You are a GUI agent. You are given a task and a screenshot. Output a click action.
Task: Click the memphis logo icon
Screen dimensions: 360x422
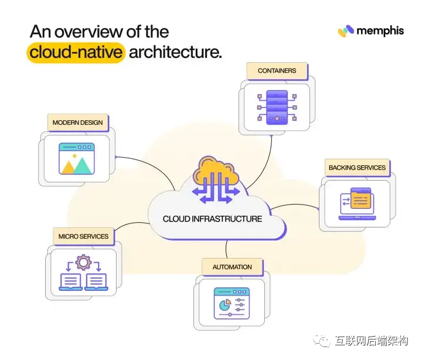[x=346, y=30]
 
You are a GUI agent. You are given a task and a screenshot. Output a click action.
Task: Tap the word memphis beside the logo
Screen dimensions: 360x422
[x=380, y=30]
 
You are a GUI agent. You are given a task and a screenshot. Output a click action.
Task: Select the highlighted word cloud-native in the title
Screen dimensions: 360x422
[x=76, y=52]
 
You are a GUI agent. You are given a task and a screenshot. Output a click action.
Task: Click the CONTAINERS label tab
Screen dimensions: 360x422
[x=277, y=71]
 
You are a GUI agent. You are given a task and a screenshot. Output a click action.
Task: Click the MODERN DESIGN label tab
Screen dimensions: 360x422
[x=77, y=123]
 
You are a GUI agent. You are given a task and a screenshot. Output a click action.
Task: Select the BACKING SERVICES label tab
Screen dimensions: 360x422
[x=357, y=168]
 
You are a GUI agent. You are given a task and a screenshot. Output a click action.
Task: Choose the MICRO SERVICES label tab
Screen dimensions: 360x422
[x=83, y=236]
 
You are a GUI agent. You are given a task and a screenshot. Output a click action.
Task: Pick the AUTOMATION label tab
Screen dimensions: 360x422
[x=232, y=267]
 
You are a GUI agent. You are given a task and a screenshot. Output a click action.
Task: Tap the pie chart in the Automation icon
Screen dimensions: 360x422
[x=223, y=305]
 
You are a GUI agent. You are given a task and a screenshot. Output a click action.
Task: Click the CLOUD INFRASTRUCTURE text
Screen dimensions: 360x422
[x=212, y=219]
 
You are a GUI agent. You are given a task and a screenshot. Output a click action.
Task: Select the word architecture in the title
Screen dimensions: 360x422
[x=175, y=52]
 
